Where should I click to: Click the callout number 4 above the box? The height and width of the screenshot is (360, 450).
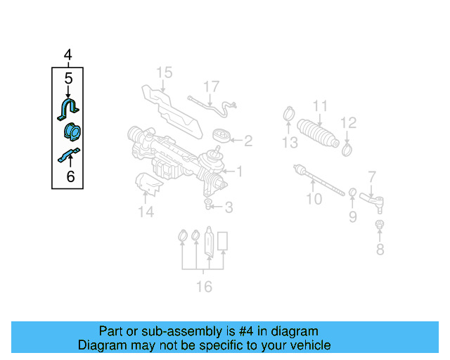68,55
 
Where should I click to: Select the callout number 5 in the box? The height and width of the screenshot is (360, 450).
68,79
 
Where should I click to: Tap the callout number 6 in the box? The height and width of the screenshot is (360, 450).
70,177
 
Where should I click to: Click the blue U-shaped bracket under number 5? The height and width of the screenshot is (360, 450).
68,108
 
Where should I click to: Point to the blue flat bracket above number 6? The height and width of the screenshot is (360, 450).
69,155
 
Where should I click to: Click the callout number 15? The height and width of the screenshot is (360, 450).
164,72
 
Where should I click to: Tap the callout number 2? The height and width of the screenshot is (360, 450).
247,141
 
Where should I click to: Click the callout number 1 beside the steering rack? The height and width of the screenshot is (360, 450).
239,171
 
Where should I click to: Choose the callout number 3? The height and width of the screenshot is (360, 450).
229,207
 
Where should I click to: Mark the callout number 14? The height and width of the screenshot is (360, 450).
146,212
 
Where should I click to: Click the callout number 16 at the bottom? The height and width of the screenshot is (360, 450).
204,286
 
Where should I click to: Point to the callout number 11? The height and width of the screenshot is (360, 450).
320,107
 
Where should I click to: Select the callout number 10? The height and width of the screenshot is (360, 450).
314,199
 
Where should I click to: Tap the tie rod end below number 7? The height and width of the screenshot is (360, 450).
373,201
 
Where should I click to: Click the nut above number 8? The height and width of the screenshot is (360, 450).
380,225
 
